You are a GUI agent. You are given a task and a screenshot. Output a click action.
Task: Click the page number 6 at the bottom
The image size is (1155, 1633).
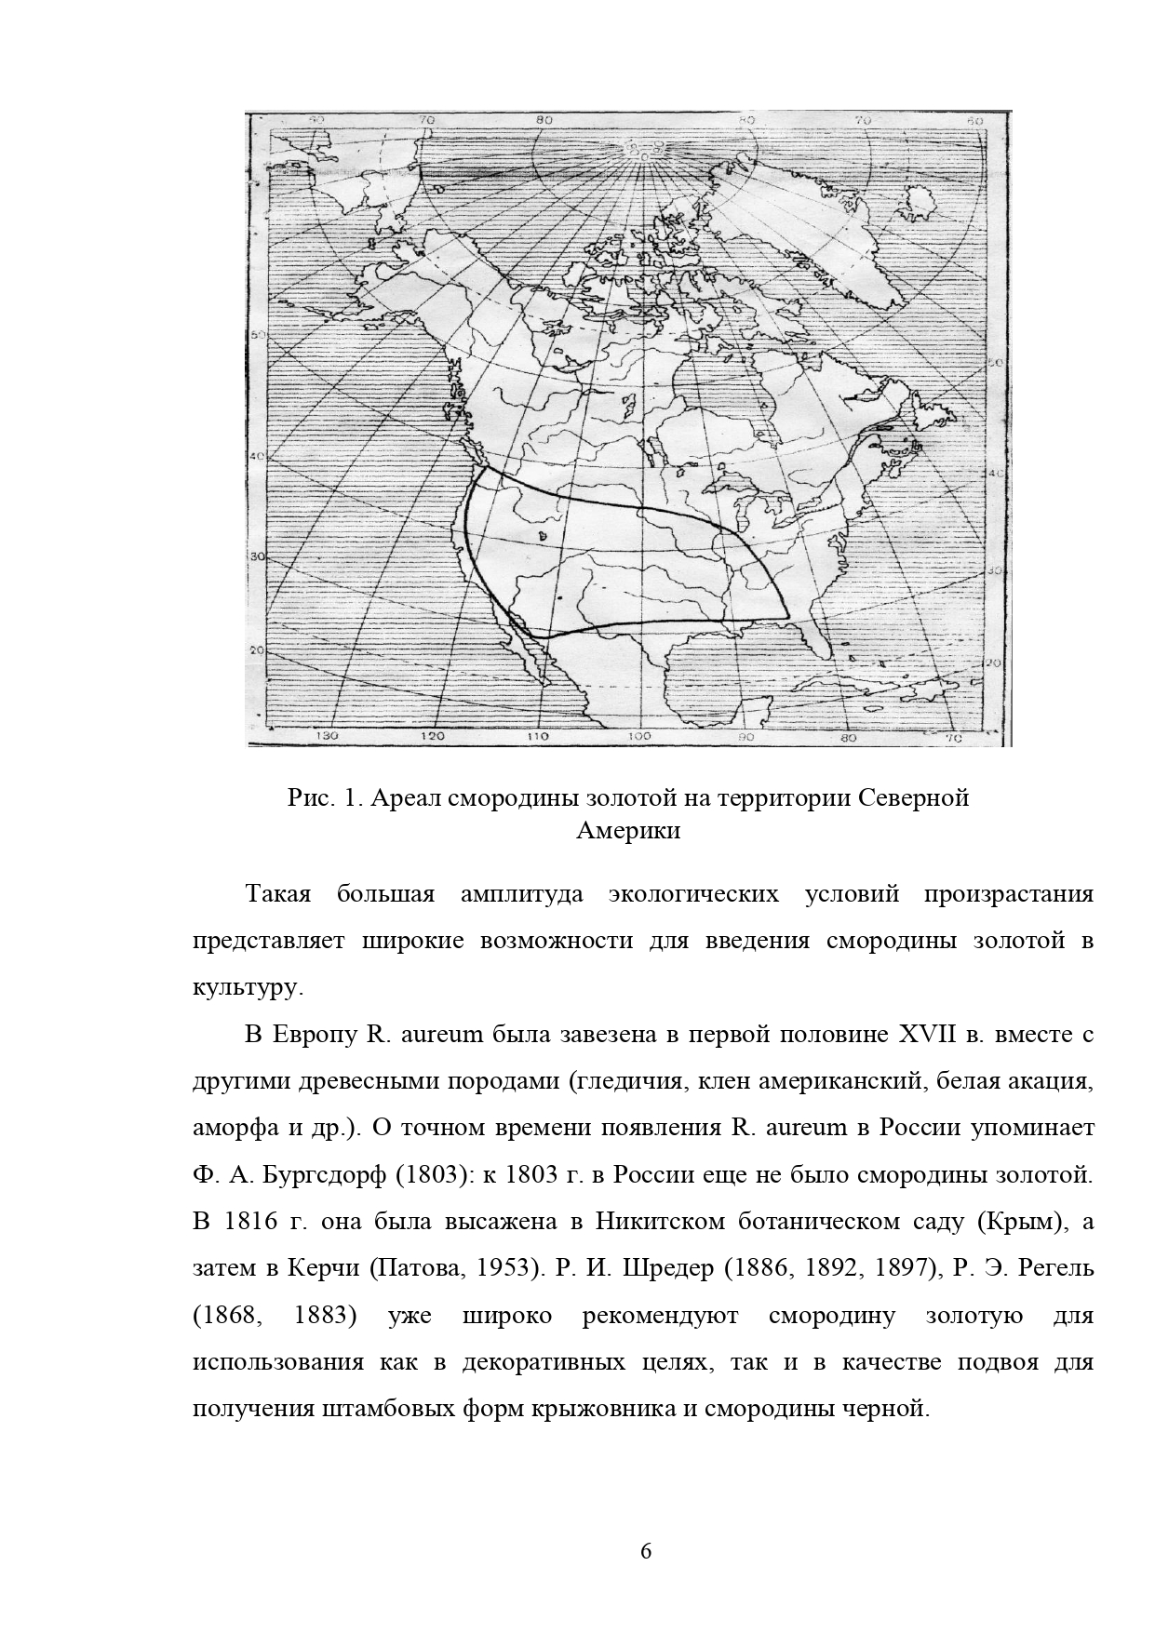(647, 1550)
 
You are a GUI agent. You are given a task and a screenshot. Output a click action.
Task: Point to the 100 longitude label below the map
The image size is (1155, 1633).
(638, 737)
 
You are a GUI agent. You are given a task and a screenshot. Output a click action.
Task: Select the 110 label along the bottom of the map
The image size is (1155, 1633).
(537, 737)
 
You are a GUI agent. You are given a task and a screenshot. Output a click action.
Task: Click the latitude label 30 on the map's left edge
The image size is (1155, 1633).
(259, 556)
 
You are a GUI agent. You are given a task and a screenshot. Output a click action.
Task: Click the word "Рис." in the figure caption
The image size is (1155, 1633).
(307, 798)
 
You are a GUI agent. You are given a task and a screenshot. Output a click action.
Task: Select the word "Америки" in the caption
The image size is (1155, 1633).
(628, 831)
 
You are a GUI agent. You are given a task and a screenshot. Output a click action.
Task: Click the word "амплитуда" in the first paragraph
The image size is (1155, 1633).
(521, 895)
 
